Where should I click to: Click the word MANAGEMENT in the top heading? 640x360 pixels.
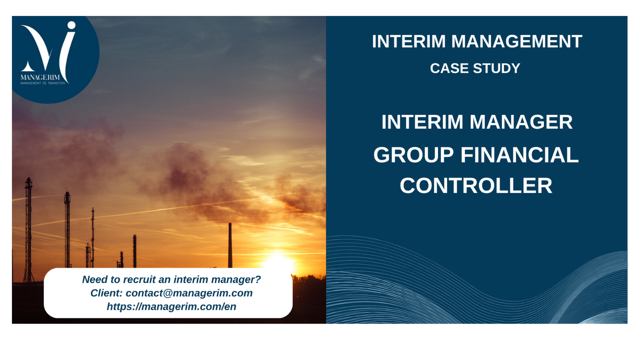click(x=516, y=41)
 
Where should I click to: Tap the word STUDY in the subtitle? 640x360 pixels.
click(x=496, y=68)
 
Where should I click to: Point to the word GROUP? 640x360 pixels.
click(x=414, y=155)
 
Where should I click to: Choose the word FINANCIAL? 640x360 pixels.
click(x=520, y=155)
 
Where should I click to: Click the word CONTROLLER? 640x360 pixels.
click(x=476, y=186)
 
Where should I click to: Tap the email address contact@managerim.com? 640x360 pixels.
click(x=189, y=293)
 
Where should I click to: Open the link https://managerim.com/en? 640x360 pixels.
click(x=172, y=306)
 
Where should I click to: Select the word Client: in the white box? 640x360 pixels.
click(x=106, y=293)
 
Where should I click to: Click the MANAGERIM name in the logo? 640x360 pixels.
click(x=40, y=78)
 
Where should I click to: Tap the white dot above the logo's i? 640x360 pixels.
click(x=72, y=25)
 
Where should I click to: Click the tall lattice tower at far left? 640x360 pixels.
click(x=28, y=230)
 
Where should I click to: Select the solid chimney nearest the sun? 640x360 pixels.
click(x=230, y=245)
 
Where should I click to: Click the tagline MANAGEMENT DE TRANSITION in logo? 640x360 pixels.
click(x=43, y=83)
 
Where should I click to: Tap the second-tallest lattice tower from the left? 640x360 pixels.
click(x=67, y=230)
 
